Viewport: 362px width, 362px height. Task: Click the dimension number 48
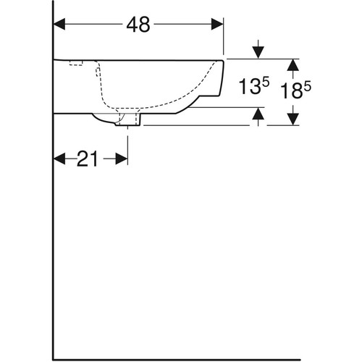(x=138, y=25)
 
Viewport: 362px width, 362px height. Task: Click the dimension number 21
(x=87, y=159)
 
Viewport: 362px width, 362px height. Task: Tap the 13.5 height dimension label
(x=254, y=86)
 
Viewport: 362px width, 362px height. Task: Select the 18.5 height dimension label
(x=296, y=90)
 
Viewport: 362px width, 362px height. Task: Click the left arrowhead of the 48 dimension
(x=59, y=25)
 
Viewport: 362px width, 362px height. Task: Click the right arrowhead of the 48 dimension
(x=217, y=25)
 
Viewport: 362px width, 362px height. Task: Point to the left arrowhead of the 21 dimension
(x=59, y=159)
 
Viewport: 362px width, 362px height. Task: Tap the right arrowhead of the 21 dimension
(x=122, y=159)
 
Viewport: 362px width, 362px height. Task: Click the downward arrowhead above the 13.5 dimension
(x=258, y=53)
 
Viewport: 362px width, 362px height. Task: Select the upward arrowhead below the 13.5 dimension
(x=258, y=114)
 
